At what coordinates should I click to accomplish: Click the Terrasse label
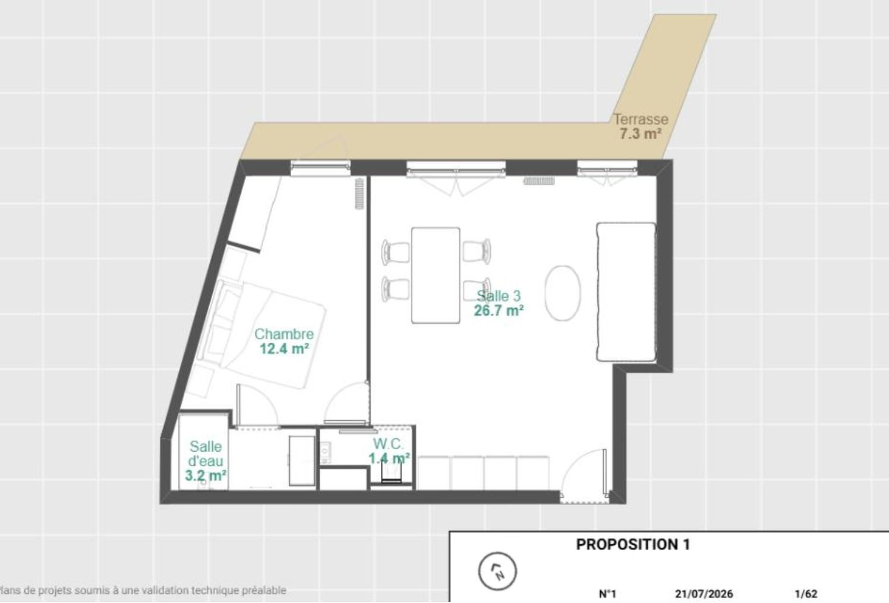click(641, 119)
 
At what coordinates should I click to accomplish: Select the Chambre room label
click(284, 334)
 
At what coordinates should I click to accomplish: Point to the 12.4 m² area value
click(285, 349)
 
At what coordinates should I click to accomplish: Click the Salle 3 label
click(499, 296)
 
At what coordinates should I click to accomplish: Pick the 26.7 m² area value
click(499, 311)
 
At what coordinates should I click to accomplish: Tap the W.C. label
click(388, 443)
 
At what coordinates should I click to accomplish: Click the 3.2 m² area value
click(206, 475)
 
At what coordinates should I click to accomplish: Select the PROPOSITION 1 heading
click(633, 545)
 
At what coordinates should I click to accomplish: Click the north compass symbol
click(497, 572)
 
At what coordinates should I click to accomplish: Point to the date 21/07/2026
click(704, 594)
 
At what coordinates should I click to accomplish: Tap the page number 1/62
click(806, 594)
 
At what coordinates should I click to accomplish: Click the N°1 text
click(607, 594)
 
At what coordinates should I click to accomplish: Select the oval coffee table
click(562, 293)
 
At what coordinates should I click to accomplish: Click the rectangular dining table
click(436, 275)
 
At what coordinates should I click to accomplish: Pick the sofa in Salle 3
click(626, 292)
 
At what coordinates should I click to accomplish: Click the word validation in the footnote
click(166, 591)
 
